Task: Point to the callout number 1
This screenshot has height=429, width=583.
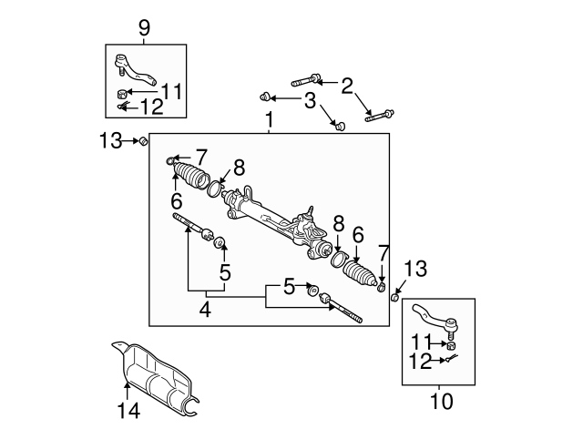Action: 269,119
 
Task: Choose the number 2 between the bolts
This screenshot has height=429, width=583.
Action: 346,86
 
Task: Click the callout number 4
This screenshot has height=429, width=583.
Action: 205,310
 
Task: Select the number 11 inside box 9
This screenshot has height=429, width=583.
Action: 172,91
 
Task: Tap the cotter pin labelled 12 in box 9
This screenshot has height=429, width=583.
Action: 122,108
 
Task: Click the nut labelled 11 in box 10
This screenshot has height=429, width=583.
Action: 449,343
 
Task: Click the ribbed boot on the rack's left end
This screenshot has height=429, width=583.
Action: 192,176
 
